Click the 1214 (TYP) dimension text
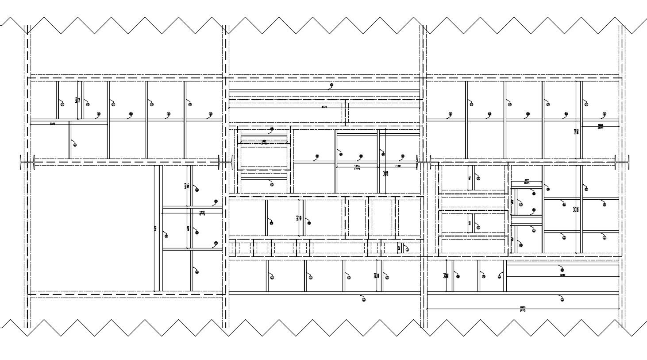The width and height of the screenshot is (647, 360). tap(357, 167)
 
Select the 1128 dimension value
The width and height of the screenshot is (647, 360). tap(398, 166)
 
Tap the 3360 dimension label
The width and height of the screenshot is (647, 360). tap(562, 275)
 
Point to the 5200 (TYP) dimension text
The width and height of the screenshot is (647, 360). tap(523, 309)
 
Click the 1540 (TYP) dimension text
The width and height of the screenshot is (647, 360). tap(202, 213)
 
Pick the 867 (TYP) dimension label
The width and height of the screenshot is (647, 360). tap(527, 181)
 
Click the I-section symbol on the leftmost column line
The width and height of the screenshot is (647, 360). tap(27, 162)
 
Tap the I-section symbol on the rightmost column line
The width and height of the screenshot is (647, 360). tap(621, 162)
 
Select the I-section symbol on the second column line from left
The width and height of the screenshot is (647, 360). tap(226, 162)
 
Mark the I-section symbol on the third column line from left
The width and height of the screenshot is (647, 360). tap(424, 162)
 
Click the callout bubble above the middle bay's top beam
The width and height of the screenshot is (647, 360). tap(331, 85)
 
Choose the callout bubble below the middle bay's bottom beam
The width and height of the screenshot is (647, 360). tap(363, 299)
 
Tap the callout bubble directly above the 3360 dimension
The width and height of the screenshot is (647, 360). tap(562, 270)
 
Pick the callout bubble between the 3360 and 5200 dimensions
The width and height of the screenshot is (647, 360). tap(562, 299)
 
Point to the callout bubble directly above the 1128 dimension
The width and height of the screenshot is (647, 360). tap(403, 156)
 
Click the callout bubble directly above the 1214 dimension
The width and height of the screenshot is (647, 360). tap(361, 156)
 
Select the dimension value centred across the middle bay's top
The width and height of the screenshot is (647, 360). tap(324, 107)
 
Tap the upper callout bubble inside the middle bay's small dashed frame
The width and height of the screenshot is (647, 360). tap(272, 129)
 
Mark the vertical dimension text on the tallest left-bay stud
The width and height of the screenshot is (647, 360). tap(155, 228)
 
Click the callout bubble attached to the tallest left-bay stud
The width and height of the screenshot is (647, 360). tap(166, 236)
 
